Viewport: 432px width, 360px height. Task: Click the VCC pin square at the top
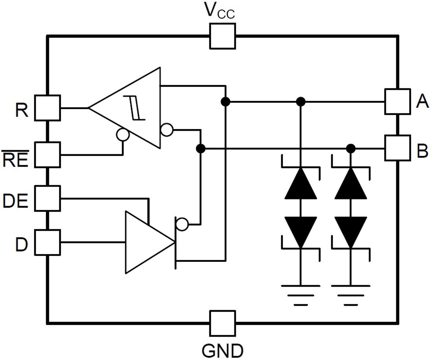[223, 36]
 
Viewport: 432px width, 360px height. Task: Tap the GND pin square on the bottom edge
[223, 323]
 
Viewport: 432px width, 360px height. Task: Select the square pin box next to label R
[48, 108]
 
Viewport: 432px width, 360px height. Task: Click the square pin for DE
[48, 198]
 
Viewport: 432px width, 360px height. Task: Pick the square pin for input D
[48, 242]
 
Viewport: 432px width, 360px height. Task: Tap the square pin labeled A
[397, 101]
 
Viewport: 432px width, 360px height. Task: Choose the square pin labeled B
[397, 148]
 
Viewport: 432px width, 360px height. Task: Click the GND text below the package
[223, 349]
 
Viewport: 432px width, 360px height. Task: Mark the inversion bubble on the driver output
[182, 225]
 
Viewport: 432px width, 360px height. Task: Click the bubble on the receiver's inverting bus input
[167, 130]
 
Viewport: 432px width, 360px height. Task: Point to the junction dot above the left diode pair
[300, 102]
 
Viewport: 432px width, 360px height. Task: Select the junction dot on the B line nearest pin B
[351, 148]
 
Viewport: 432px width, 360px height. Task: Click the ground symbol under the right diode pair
[351, 294]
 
